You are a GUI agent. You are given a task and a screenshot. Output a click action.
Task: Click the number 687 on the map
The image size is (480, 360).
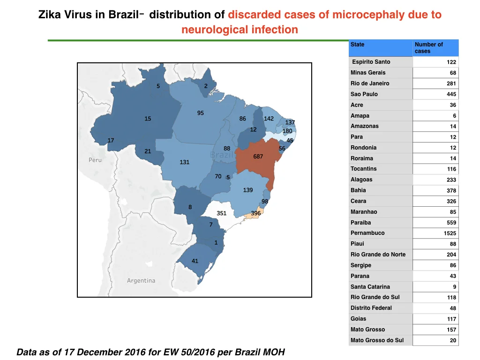pos(258,157)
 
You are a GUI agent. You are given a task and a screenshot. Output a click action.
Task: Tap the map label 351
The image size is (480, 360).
pos(221,213)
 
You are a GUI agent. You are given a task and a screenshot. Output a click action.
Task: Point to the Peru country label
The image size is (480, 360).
pos(95,160)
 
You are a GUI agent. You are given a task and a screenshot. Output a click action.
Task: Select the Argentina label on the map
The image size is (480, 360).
pos(141,280)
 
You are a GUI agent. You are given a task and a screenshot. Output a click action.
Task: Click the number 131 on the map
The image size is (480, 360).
pos(184,162)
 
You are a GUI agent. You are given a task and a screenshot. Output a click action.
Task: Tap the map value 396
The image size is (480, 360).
pos(255,213)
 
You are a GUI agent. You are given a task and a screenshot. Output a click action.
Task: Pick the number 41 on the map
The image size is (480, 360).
pos(195,261)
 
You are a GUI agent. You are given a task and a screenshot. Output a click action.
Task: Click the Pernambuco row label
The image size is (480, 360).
pos(367,233)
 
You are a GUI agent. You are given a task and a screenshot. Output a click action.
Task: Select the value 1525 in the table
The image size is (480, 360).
pos(450,233)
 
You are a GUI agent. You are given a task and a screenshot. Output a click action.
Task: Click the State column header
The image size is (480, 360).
pos(357,45)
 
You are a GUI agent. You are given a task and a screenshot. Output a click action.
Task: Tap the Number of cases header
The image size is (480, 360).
pos(428,48)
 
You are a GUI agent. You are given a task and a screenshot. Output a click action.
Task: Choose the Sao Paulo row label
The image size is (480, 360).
pos(364,94)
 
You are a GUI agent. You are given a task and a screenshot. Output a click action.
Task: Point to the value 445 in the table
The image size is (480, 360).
pos(451,94)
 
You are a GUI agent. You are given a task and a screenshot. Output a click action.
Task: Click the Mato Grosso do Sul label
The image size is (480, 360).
pos(377,340)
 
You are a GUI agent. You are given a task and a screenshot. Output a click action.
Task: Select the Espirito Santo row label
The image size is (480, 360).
pos(371,62)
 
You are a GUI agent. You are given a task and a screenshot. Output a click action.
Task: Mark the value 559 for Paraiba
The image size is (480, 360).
pos(451,223)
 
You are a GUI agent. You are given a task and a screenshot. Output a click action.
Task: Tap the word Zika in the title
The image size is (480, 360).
pos(50,15)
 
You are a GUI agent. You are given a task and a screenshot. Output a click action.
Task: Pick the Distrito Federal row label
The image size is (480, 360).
pos(371,308)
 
